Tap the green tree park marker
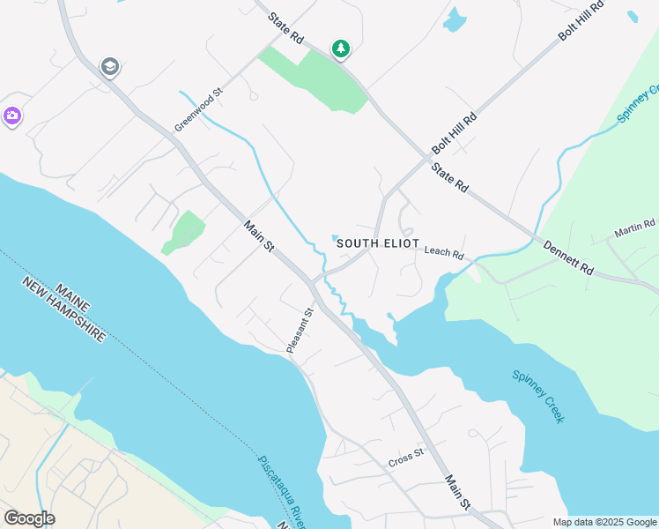click(x=340, y=48)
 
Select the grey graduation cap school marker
click(x=110, y=67)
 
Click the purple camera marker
click(x=11, y=115)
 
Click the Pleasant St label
click(x=300, y=331)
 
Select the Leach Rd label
click(x=443, y=252)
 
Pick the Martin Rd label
click(x=635, y=230)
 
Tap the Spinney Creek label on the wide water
click(x=538, y=396)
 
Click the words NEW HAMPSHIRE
click(x=63, y=310)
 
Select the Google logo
click(x=29, y=518)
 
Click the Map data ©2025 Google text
click(x=604, y=522)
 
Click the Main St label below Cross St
click(x=458, y=491)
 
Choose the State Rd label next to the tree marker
click(x=285, y=27)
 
